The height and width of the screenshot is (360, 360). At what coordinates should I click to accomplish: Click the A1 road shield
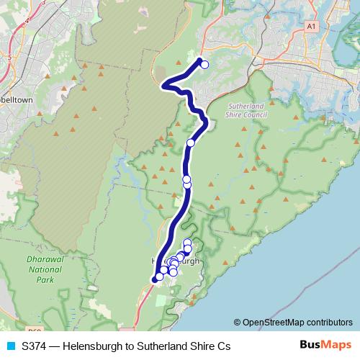coord(311,26)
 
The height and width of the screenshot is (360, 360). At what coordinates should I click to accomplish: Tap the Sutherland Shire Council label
coord(246,109)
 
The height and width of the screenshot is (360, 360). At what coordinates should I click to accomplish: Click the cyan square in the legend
coord(9,346)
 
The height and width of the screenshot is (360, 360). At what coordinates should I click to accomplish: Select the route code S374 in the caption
coord(34,346)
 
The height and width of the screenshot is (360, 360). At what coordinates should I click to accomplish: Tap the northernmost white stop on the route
coord(204,65)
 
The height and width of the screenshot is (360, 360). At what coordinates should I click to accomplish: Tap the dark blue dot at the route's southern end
coord(154,279)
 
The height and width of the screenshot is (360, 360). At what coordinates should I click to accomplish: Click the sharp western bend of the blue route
coord(164,86)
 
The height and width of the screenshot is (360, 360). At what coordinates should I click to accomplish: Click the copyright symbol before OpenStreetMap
coord(238,322)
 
